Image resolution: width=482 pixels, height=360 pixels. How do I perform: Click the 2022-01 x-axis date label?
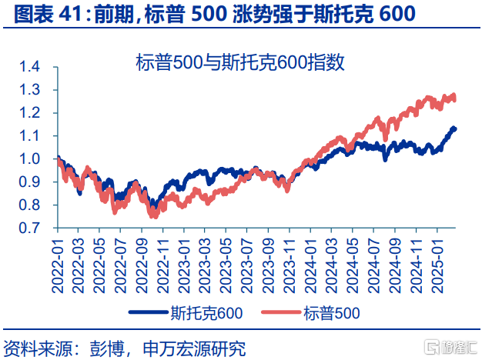click(x=58, y=265)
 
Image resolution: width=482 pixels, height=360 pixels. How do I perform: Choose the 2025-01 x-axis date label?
click(x=437, y=265)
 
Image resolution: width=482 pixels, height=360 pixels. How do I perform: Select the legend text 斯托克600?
click(x=206, y=313)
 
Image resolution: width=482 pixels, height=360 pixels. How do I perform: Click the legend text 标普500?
click(x=333, y=313)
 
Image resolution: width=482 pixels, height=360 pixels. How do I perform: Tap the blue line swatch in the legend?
click(x=147, y=313)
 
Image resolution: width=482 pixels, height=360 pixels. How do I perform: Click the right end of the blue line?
click(x=454, y=128)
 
